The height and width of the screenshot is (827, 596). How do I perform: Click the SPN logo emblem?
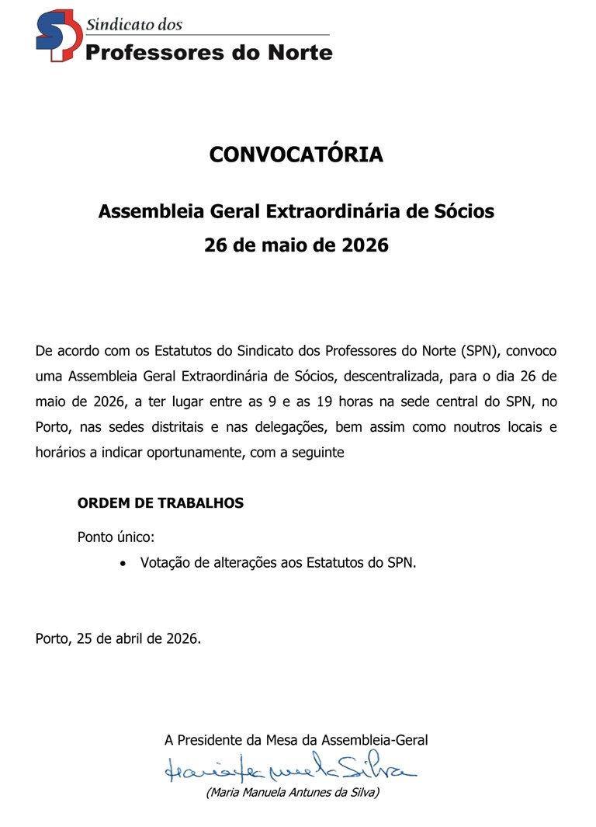point(57,36)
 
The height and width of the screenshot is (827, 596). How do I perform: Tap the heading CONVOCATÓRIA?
point(296,155)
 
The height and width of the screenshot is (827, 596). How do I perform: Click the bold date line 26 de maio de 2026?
point(296,246)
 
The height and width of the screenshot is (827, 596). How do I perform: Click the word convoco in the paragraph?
point(536,351)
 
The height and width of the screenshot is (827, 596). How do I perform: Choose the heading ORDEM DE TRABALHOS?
point(161,503)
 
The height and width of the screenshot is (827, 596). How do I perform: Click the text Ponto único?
point(116,537)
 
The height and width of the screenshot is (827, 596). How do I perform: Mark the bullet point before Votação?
point(123,564)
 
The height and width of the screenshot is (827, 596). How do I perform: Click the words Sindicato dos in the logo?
point(134,24)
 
